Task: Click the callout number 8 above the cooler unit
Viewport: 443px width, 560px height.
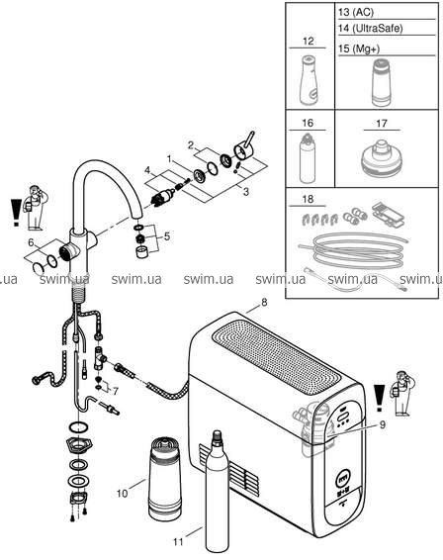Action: tap(264, 303)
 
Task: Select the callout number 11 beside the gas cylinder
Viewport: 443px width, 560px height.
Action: tap(178, 542)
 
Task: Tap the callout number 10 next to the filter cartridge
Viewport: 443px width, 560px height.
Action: tap(122, 494)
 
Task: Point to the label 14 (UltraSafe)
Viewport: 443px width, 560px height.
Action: tap(370, 29)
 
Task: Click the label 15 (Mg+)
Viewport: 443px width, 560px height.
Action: tap(359, 48)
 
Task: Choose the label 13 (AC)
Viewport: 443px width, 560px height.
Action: tap(356, 12)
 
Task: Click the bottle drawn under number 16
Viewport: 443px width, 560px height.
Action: tap(308, 158)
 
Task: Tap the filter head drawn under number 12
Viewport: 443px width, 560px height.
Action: tap(310, 80)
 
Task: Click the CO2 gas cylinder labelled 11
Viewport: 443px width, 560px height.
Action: tap(218, 491)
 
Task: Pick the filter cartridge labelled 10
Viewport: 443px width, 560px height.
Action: tap(164, 478)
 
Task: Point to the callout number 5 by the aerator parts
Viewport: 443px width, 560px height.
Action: tap(167, 236)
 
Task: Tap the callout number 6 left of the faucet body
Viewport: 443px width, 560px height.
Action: tap(32, 242)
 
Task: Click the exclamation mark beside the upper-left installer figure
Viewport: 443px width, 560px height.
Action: tap(16, 213)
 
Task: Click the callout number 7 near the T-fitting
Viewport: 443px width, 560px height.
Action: tap(116, 392)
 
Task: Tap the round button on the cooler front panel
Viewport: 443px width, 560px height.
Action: tap(344, 478)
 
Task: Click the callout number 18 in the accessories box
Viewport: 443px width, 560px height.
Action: tap(308, 199)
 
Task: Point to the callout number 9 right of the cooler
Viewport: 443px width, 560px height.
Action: tap(383, 425)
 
